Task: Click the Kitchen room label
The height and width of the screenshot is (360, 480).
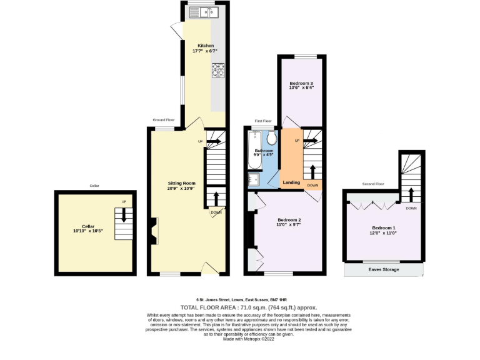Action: point(206,46)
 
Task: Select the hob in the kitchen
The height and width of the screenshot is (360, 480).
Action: point(219,71)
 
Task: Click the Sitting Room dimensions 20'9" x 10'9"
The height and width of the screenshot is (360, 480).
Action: point(181,188)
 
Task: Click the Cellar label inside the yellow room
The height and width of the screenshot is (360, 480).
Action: point(87,226)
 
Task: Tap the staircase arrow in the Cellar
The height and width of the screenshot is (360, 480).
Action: point(124,215)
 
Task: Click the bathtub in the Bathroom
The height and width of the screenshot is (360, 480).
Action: point(254,150)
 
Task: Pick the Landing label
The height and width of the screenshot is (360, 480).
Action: point(291,182)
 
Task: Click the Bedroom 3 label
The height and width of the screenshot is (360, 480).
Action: point(301,83)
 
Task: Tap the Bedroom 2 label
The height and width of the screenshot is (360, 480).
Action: point(289,220)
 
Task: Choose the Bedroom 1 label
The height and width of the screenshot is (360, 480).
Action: point(384,227)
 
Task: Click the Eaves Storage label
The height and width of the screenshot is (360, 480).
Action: point(383,269)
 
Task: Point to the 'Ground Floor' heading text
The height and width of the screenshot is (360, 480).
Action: point(164,120)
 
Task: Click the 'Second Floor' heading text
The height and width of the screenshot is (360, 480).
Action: point(373,184)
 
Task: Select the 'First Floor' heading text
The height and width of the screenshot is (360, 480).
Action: point(263,121)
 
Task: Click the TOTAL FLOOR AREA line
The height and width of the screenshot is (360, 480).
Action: point(249,307)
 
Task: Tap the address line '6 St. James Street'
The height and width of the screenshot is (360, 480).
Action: point(249,299)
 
